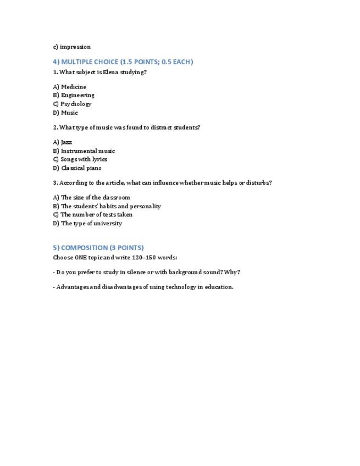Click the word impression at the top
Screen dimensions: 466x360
pos(75,47)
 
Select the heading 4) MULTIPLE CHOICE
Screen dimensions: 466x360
pos(123,62)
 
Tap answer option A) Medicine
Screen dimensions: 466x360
pos(70,87)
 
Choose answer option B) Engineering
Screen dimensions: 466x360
pos(74,95)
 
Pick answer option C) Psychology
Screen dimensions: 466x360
pos(73,104)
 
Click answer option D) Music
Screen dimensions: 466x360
pos(66,113)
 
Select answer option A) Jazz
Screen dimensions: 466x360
pos(63,142)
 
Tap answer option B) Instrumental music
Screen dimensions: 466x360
pos(84,151)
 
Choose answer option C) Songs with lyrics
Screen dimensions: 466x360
pos(80,159)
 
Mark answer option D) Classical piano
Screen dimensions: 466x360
pos(77,168)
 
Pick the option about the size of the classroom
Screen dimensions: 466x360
pos(92,197)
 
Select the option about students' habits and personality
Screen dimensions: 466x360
pos(107,206)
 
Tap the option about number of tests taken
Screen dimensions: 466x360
pos(93,215)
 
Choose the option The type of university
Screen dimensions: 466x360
pos(88,224)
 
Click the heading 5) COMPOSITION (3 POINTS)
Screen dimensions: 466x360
pos(98,247)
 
